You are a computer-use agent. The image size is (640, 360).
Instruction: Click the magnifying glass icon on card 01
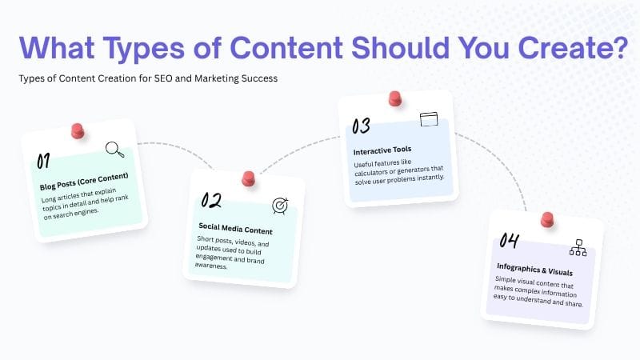(x=115, y=149)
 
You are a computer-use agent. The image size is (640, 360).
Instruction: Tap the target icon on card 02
(x=280, y=206)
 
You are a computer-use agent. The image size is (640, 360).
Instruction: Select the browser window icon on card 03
(x=430, y=120)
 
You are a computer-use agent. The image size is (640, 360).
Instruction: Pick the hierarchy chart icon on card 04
(x=578, y=247)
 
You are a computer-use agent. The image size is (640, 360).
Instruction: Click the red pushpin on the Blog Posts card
(x=78, y=129)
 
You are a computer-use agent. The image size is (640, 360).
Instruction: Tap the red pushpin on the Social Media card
(x=248, y=178)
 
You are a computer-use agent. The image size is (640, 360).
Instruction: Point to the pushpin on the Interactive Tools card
(x=394, y=98)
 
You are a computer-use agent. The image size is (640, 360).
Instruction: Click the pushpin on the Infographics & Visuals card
(x=547, y=218)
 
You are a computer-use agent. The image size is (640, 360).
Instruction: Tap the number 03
(x=361, y=126)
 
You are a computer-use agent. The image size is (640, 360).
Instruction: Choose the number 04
(x=509, y=240)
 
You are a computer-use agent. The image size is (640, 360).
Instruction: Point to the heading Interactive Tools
(x=383, y=150)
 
